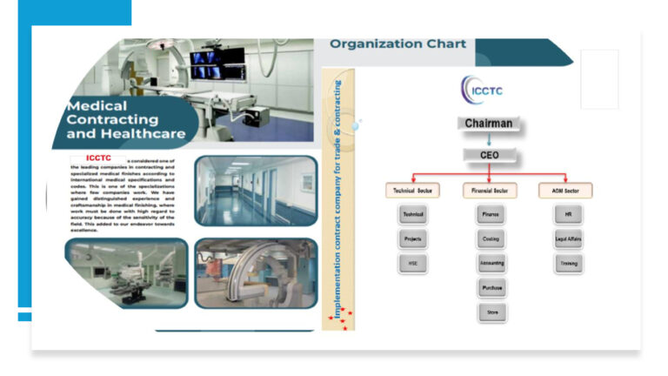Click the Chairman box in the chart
click(488, 124)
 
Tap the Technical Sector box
click(412, 190)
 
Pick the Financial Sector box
click(490, 190)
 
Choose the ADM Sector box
click(565, 190)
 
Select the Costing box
click(490, 238)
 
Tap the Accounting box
click(491, 263)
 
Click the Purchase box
click(491, 287)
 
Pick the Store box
click(491, 312)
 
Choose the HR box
click(568, 214)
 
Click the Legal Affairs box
click(568, 238)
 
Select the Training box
click(568, 263)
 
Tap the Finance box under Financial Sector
click(490, 214)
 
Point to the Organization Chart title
click(397, 44)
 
